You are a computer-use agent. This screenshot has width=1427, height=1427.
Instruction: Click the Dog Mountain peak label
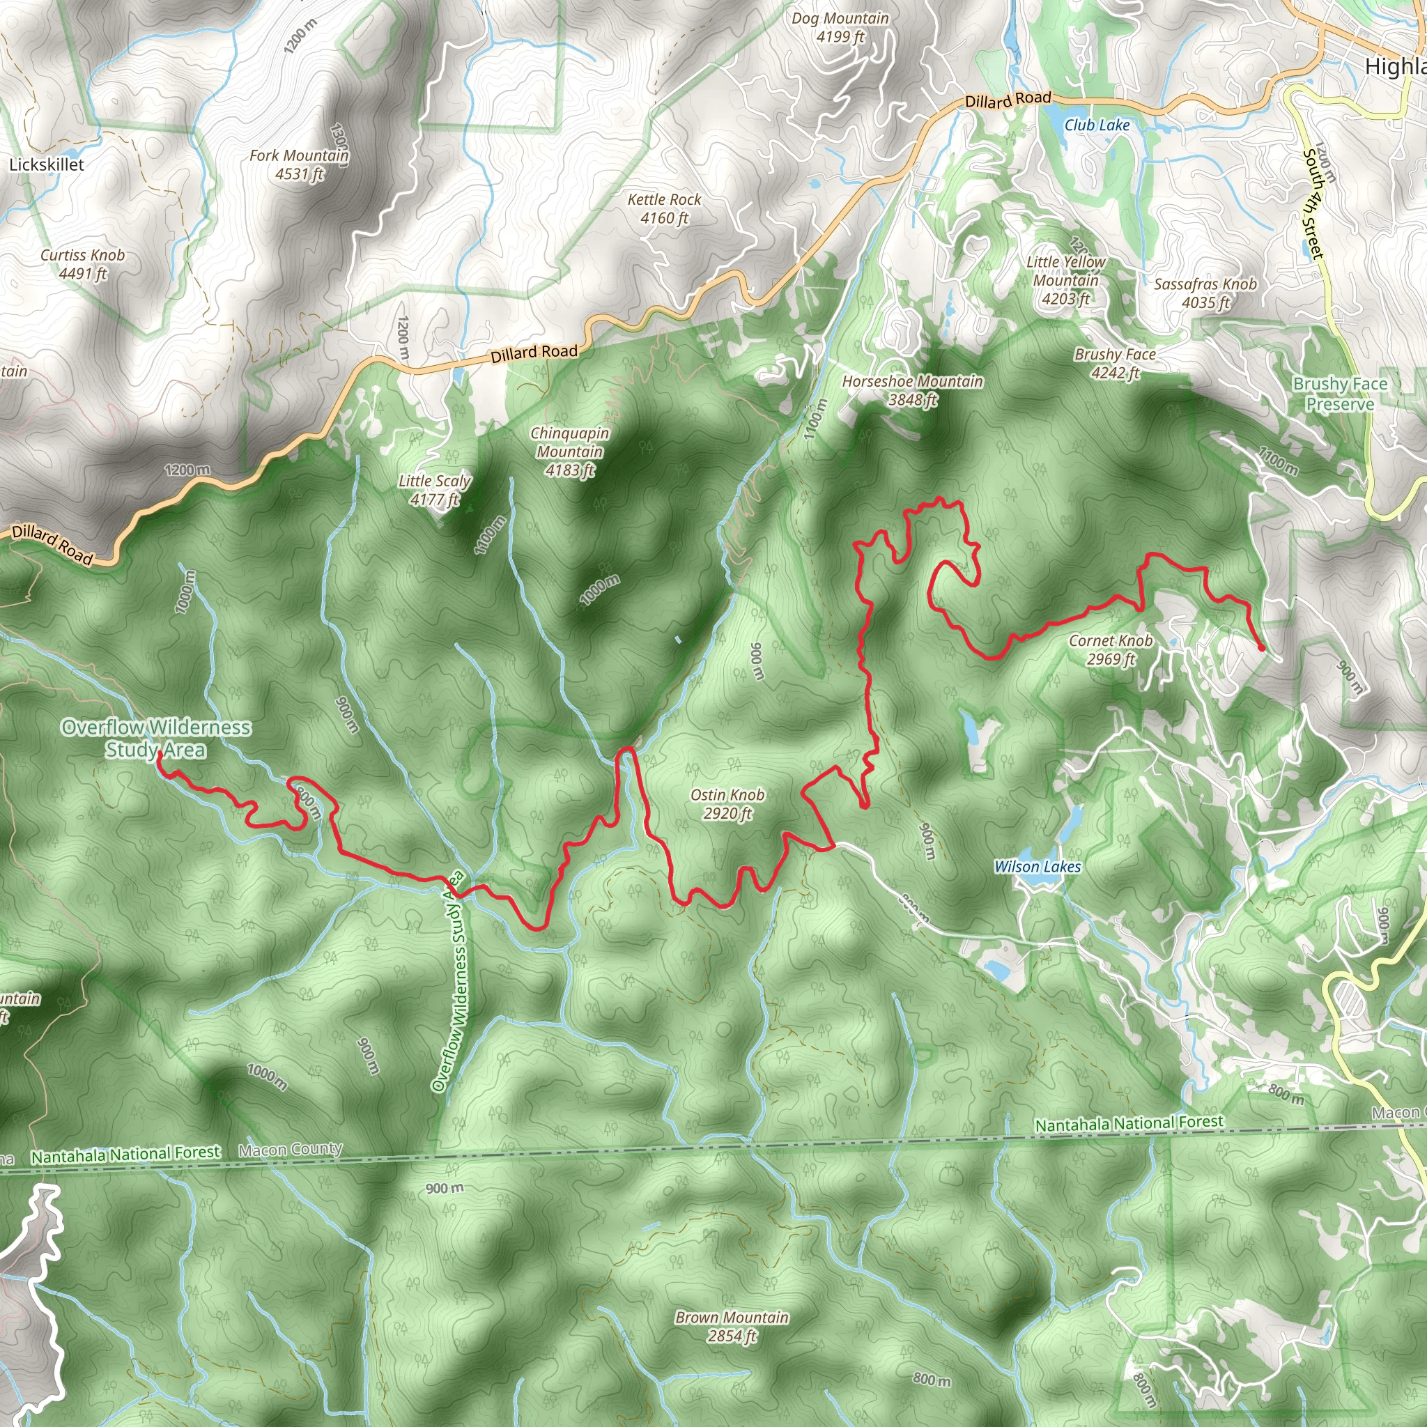(x=840, y=27)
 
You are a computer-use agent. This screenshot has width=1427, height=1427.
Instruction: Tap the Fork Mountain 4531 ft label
(x=298, y=164)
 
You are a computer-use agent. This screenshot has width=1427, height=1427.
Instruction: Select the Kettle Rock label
(x=664, y=208)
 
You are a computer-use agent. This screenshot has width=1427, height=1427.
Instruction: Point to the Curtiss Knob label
(x=83, y=263)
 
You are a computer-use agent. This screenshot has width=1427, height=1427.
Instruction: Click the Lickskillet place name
(x=47, y=164)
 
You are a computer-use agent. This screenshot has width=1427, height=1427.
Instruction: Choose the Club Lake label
(x=1097, y=125)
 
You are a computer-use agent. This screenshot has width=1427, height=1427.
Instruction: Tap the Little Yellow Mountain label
(x=1065, y=280)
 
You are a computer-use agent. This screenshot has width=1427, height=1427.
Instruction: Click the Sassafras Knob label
(x=1205, y=293)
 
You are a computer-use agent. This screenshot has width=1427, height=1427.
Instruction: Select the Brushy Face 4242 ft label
(x=1116, y=364)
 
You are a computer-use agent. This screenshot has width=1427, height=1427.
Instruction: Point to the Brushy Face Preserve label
(x=1340, y=394)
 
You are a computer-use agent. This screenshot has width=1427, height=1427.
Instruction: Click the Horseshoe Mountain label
(x=912, y=390)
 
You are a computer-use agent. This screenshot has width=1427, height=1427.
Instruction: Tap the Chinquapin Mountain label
(x=569, y=452)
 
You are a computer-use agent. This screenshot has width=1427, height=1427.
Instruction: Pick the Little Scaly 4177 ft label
(x=434, y=490)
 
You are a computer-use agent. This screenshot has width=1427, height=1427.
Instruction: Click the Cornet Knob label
(x=1110, y=649)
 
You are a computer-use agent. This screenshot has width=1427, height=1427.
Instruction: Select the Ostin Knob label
(x=727, y=803)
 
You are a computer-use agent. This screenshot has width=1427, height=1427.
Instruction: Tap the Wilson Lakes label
(x=1037, y=866)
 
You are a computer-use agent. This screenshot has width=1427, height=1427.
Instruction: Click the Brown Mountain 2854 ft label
(x=732, y=1327)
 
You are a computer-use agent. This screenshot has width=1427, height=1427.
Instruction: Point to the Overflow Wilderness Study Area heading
(x=156, y=738)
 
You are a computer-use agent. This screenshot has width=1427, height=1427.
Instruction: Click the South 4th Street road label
(x=1313, y=204)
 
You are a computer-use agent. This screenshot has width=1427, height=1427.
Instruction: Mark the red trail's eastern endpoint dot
(x=1260, y=648)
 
